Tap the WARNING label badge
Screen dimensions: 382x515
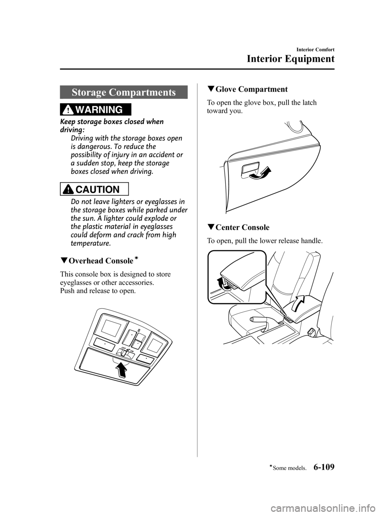click(x=96, y=110)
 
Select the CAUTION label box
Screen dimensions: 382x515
click(x=96, y=189)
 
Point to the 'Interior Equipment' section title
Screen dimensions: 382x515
click(x=290, y=59)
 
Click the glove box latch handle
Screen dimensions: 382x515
click(x=250, y=170)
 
